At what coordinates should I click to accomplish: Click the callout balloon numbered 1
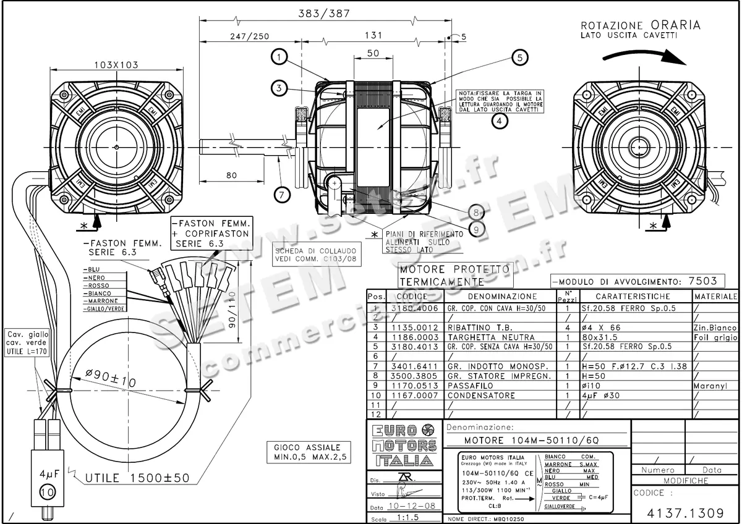click(x=280, y=57)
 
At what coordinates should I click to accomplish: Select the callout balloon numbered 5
click(x=519, y=57)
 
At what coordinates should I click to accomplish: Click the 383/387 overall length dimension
click(x=324, y=12)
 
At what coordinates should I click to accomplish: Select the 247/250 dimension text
click(x=249, y=36)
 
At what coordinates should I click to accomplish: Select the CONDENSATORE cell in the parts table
click(x=482, y=395)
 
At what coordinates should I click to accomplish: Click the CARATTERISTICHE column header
click(x=633, y=297)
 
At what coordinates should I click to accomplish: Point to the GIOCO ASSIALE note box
click(x=311, y=452)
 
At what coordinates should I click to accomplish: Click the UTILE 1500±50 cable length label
click(x=137, y=478)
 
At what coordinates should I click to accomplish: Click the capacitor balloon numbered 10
click(x=47, y=492)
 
